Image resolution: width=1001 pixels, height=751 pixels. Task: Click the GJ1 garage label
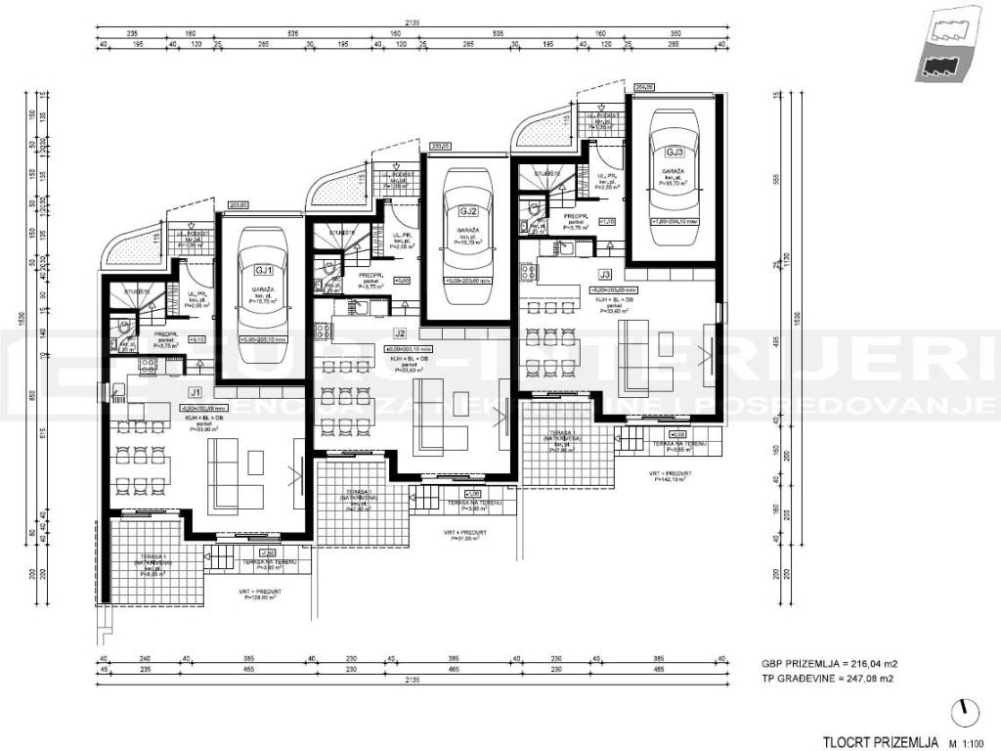coord(263,270)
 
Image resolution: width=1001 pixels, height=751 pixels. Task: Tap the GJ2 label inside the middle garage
coord(466,210)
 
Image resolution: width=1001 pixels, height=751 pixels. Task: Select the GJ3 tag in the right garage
coord(674,152)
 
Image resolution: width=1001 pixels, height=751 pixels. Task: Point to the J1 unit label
coord(195,394)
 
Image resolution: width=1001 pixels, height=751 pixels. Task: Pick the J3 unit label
coord(604,276)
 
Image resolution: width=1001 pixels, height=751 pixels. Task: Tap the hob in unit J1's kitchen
coord(148,367)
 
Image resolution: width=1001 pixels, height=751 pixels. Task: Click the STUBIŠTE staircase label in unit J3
coord(547,172)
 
